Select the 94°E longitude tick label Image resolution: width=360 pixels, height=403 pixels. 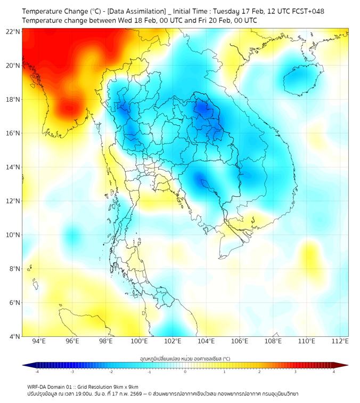tap(39, 341)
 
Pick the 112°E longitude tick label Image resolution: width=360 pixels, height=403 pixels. tap(340, 341)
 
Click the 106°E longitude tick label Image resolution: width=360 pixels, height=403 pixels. tap(240, 341)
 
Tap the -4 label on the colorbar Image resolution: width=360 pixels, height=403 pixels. tap(36, 372)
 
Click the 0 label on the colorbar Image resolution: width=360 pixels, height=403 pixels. tap(185, 372)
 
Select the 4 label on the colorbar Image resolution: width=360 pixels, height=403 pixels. tap(333, 372)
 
